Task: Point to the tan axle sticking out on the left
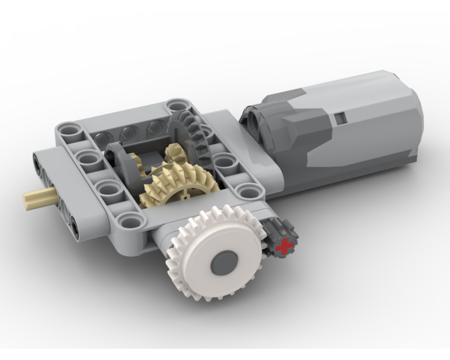[x=38, y=197]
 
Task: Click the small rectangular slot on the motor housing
[x=341, y=118]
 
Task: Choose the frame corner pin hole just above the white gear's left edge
[x=131, y=220]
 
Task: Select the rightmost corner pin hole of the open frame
[x=247, y=191]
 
